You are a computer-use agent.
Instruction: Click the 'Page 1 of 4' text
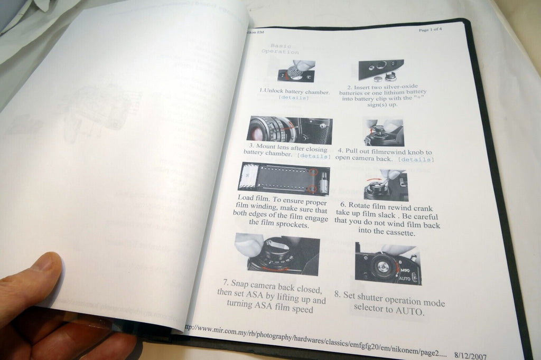point(430,30)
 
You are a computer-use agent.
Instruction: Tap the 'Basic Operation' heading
point(284,49)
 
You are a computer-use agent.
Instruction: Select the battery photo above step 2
point(381,70)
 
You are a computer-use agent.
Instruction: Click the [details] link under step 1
point(294,98)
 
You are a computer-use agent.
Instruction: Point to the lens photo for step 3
point(289,130)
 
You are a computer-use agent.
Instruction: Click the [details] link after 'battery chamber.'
point(314,156)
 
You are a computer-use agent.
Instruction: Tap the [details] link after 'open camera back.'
point(416,159)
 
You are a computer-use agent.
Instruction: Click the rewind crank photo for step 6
point(386,185)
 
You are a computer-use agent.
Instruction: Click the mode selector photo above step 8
point(388,263)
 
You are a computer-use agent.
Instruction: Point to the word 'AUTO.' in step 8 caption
point(410,311)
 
